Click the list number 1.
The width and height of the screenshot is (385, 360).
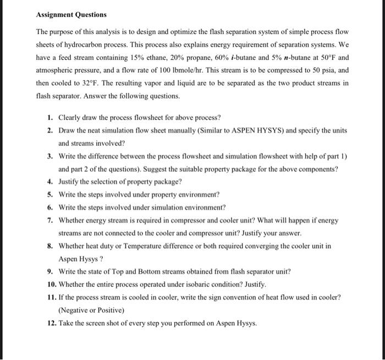click(50, 118)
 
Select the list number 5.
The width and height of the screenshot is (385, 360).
click(50, 195)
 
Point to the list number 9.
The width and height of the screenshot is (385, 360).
click(50, 272)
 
